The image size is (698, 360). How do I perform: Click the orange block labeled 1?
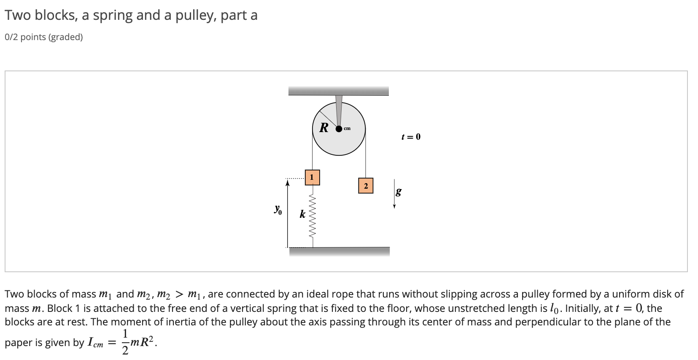312,177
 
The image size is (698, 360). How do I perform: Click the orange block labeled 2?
366,186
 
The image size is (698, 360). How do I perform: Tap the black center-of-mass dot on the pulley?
338,129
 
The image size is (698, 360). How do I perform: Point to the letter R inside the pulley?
324,127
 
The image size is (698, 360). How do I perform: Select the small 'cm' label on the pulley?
347,128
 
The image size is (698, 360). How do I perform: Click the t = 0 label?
411,137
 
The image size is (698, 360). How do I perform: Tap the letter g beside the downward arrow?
399,192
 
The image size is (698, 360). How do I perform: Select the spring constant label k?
302,214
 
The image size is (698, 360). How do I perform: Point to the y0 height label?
278,209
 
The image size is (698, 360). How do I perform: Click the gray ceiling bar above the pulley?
338,91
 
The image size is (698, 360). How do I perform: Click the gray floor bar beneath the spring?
339,252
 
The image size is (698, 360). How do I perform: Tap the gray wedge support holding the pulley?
339,109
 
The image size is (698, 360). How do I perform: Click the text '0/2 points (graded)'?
44,37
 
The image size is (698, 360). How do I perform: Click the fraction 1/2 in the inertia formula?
125,342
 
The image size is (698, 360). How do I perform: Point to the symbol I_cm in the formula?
95,343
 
